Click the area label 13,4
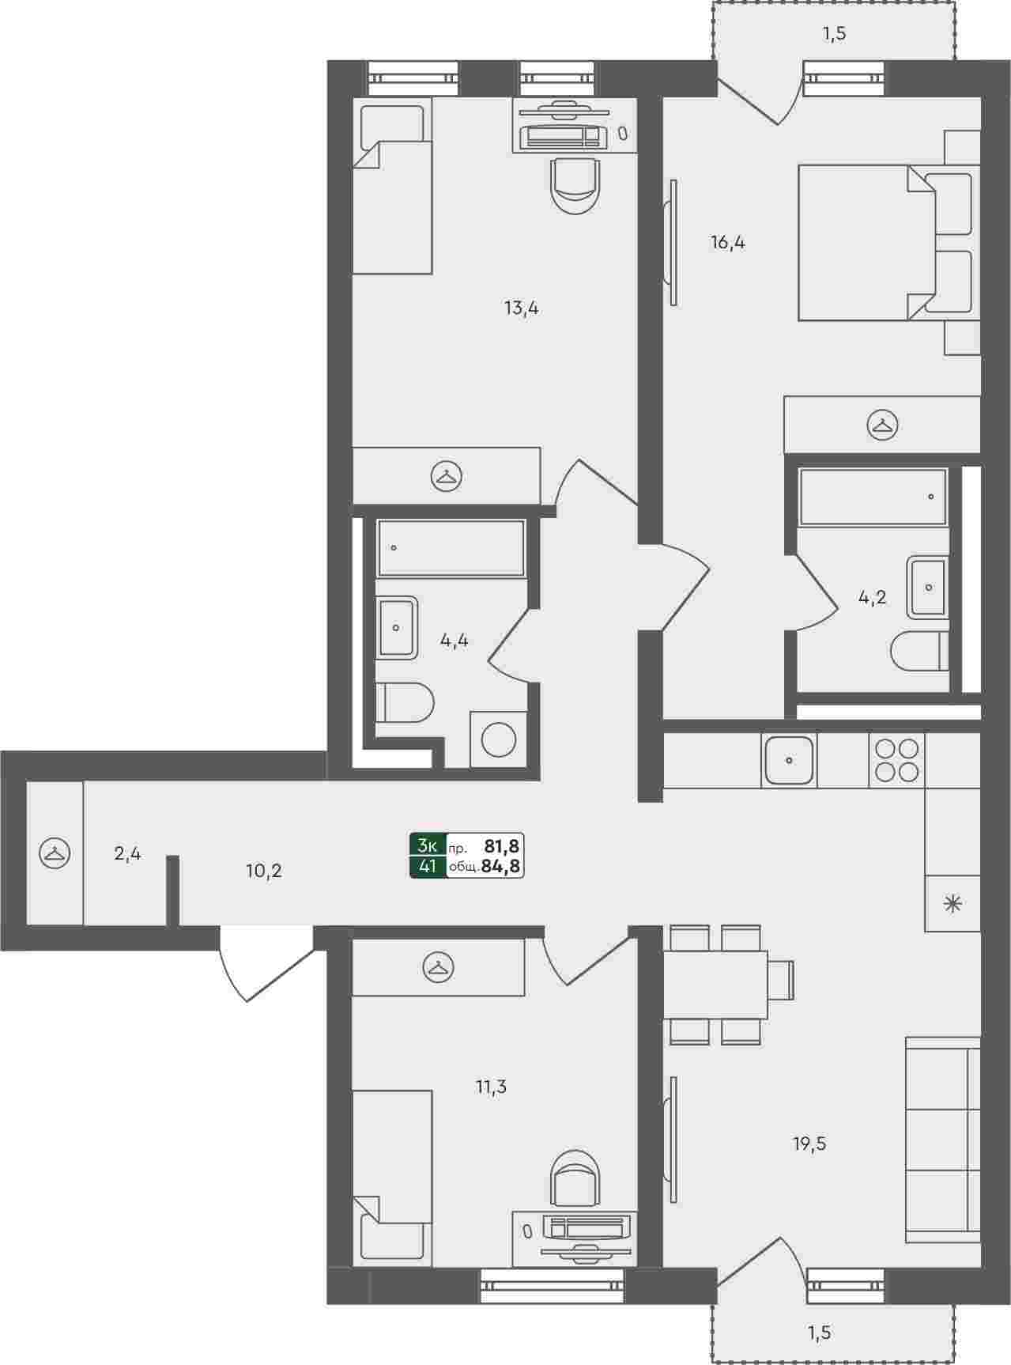tap(522, 308)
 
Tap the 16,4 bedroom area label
tap(728, 243)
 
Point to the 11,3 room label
tap(491, 1087)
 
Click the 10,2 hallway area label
tap(264, 872)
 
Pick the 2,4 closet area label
tap(127, 854)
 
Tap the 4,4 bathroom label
tap(455, 641)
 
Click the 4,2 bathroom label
tap(873, 598)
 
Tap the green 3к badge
tap(428, 845)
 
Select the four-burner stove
tap(896, 761)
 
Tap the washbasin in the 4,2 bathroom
tap(928, 588)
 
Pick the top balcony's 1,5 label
tap(835, 34)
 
